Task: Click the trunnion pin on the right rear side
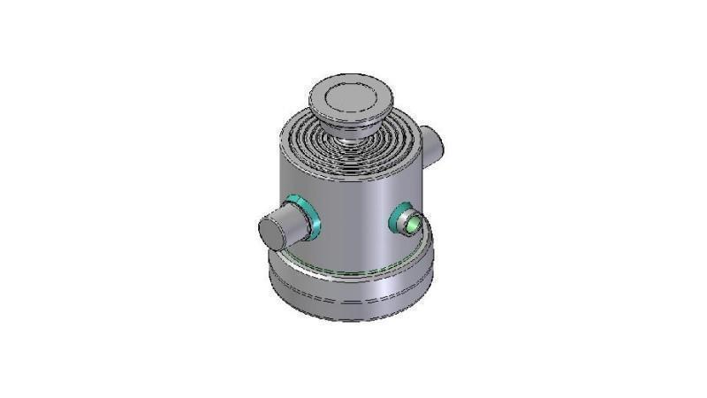434,142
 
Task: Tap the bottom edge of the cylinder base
353,319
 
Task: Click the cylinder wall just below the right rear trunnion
427,181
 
